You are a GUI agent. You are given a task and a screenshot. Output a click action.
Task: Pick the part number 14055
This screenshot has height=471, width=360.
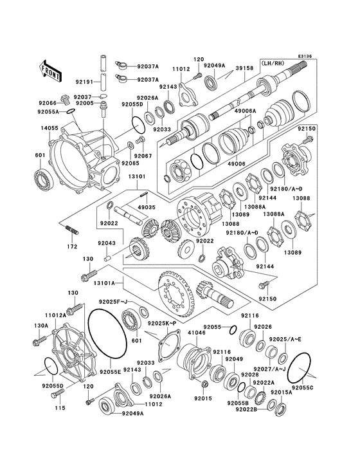click(50, 129)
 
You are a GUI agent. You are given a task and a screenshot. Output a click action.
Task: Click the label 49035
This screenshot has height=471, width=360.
click(145, 207)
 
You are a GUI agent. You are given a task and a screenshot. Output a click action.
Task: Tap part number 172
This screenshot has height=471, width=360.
click(72, 246)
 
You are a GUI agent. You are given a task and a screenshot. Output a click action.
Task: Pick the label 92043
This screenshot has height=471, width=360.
click(107, 243)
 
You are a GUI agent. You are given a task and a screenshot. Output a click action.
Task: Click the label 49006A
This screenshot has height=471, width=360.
click(245, 111)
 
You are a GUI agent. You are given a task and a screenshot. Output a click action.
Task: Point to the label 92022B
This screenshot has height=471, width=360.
click(245, 409)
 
